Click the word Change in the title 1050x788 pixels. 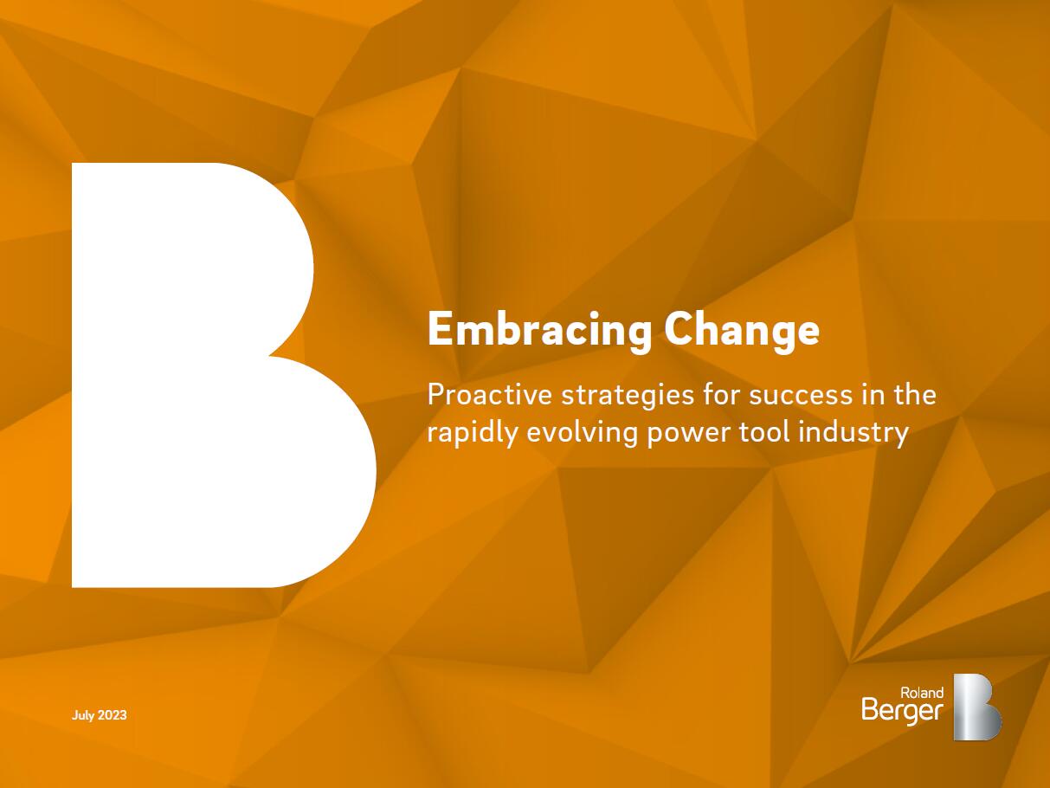tap(742, 331)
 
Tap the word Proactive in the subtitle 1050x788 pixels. tap(489, 395)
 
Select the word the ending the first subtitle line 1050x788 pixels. tap(912, 395)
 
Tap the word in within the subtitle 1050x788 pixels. tap(870, 395)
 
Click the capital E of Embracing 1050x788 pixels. tap(439, 329)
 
